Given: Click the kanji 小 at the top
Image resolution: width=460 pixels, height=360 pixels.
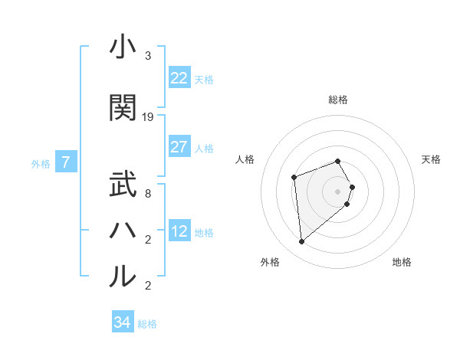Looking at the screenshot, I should [x=123, y=47].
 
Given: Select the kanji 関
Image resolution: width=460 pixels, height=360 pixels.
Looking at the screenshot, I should [x=123, y=107].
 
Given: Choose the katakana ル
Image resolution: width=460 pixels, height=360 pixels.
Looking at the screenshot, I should [x=123, y=277].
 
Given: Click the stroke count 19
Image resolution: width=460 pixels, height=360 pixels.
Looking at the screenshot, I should [x=148, y=117].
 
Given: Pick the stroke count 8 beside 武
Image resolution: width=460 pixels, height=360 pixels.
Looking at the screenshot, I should [x=148, y=194].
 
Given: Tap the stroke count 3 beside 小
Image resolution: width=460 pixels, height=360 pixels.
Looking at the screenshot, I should [x=148, y=56].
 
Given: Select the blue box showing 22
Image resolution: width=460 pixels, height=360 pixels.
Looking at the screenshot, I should [x=179, y=78].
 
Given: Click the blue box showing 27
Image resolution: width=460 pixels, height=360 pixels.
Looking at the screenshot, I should [x=179, y=147].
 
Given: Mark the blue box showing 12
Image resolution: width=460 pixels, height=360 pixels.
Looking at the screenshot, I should [x=179, y=231].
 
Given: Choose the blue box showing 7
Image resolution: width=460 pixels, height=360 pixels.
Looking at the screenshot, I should [x=66, y=162].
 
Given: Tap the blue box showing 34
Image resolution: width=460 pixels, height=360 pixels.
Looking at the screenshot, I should [x=122, y=322].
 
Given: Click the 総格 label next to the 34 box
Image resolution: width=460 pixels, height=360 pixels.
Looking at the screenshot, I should [x=147, y=324].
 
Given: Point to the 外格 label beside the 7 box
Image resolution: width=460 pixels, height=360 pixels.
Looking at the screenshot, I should [x=41, y=163].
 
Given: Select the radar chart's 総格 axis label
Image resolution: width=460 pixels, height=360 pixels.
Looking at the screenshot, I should [x=337, y=100].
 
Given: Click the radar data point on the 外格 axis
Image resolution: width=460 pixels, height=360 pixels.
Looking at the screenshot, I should [x=302, y=242].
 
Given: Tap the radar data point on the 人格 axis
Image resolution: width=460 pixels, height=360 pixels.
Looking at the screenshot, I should [x=294, y=178].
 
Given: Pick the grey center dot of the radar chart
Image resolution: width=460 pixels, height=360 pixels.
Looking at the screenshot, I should [x=337, y=191].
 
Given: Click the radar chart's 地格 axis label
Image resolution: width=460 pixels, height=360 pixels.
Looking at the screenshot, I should [x=402, y=263].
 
